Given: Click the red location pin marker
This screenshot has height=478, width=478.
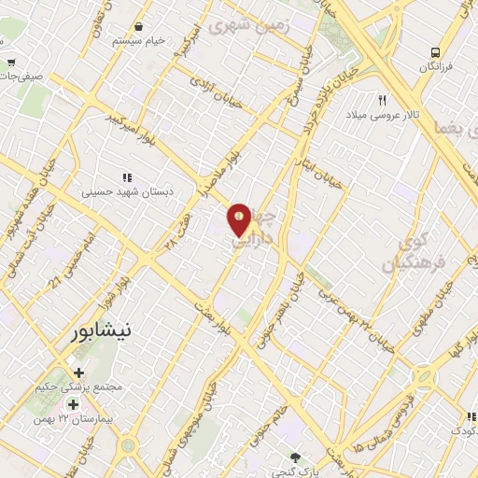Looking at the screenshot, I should [240, 218].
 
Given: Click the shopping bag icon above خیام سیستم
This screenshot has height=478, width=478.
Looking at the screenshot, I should [139, 27].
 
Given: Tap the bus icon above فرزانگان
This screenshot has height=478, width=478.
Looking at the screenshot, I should [435, 52].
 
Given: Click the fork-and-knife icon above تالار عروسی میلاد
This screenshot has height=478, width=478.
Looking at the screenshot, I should [382, 100].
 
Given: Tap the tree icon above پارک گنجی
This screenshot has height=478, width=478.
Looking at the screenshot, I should [296, 457].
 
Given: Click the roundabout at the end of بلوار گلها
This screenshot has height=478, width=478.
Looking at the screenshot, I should [425, 378].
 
